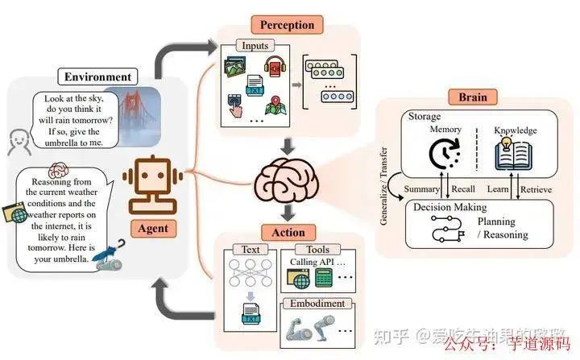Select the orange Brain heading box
tap(473, 97)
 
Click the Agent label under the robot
tap(153, 228)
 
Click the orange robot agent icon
tap(153, 183)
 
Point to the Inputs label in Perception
tap(255, 46)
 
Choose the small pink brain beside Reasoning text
tap(57, 171)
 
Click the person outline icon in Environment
tap(19, 143)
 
